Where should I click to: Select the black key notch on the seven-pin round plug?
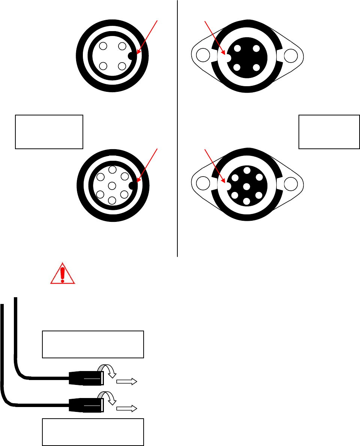click(x=132, y=186)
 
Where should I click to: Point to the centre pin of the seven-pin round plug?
click(x=112, y=186)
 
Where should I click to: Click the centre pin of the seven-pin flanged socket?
click(x=246, y=186)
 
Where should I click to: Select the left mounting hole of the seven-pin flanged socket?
click(x=203, y=184)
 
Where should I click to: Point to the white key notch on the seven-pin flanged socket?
click(x=227, y=185)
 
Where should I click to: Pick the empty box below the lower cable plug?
click(x=93, y=432)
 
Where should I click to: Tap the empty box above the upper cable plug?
click(x=93, y=344)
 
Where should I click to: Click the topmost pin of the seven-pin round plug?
click(x=112, y=170)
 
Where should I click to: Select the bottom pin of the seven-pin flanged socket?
click(x=246, y=201)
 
